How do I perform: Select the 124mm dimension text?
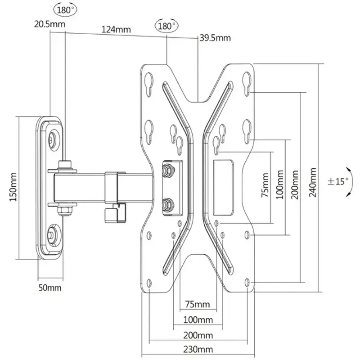point(116,30)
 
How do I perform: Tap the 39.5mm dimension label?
point(215,38)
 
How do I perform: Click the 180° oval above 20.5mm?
point(65,9)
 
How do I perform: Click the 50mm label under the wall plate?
point(49,288)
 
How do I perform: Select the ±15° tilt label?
point(338,181)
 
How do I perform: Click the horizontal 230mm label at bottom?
point(198,350)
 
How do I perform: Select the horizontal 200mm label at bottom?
point(198,335)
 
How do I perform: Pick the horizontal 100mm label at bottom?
point(198,320)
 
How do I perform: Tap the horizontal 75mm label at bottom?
point(198,305)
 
